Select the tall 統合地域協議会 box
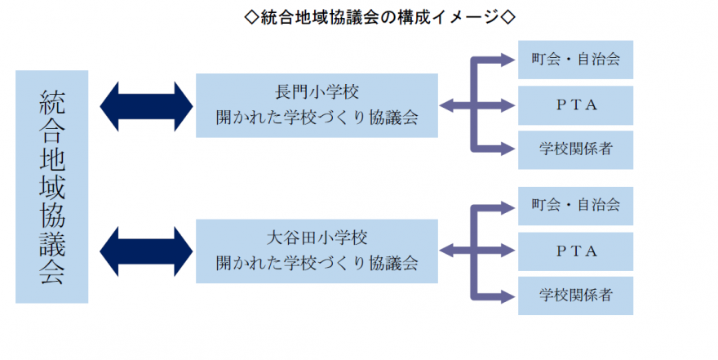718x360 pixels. [x=51, y=186]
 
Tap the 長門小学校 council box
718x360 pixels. [x=317, y=104]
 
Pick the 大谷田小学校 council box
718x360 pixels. [x=317, y=251]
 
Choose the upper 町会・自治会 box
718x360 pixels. [x=575, y=60]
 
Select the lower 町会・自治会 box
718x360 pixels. [x=575, y=203]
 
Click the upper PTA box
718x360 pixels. [x=575, y=104]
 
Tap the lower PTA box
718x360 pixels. [x=575, y=251]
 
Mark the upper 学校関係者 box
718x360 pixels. [x=575, y=149]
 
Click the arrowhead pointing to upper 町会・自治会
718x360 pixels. [x=507, y=60]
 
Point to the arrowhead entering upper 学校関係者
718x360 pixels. [x=507, y=149]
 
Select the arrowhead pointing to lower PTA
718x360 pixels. [x=507, y=251]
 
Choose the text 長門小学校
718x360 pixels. [x=317, y=91]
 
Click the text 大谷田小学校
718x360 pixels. [x=317, y=238]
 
